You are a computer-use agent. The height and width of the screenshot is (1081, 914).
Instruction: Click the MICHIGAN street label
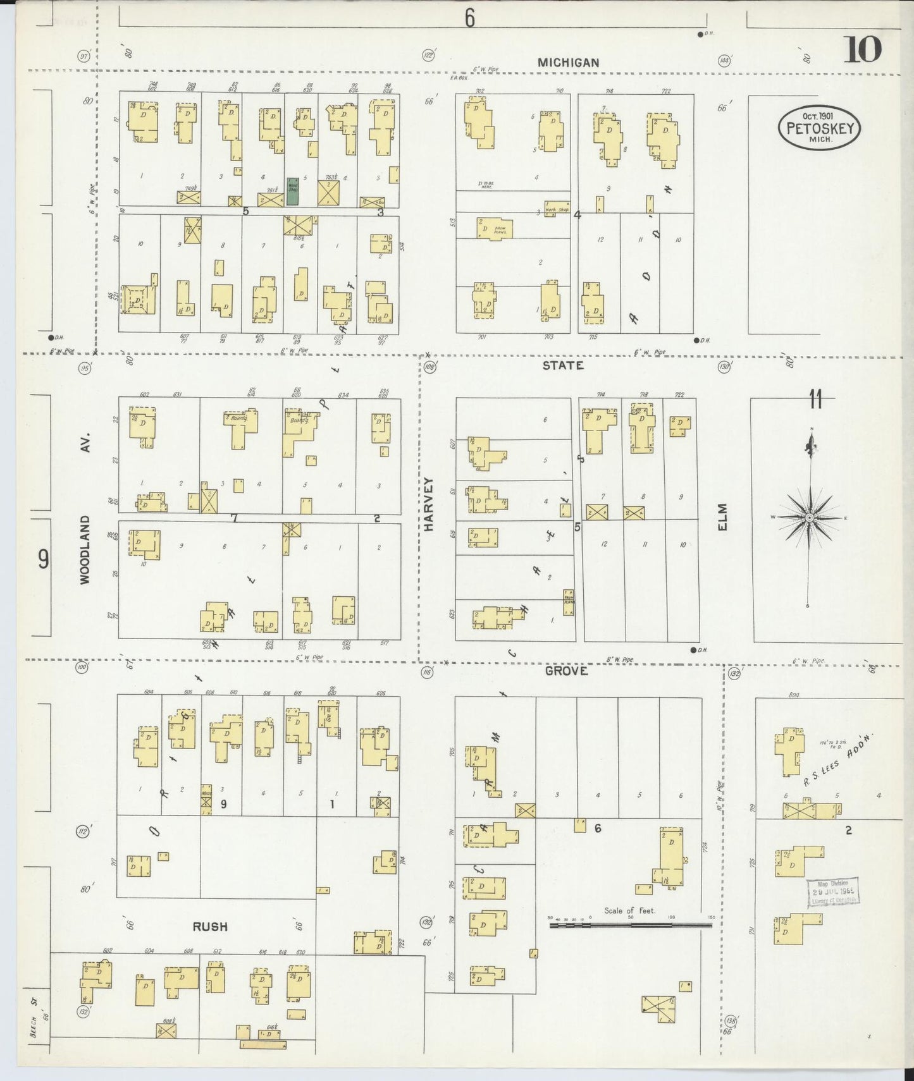(568, 63)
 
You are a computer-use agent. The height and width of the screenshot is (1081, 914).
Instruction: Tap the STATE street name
(563, 365)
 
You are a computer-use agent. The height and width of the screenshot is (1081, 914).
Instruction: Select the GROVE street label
(566, 671)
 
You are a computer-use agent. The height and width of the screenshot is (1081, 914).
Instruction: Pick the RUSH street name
(210, 927)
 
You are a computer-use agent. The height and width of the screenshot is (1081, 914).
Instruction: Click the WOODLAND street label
(85, 549)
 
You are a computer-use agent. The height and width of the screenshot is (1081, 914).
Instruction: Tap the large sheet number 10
(862, 49)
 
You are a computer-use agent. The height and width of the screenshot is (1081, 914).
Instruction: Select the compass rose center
(809, 518)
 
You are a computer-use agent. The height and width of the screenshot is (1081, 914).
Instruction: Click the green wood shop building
(293, 191)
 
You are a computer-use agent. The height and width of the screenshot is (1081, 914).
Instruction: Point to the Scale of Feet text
(629, 910)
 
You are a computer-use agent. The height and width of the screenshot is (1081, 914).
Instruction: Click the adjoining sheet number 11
(815, 400)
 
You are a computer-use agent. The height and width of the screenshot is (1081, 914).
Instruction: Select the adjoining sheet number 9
(43, 559)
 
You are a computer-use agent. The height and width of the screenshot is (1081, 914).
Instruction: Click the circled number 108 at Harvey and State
(430, 367)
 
